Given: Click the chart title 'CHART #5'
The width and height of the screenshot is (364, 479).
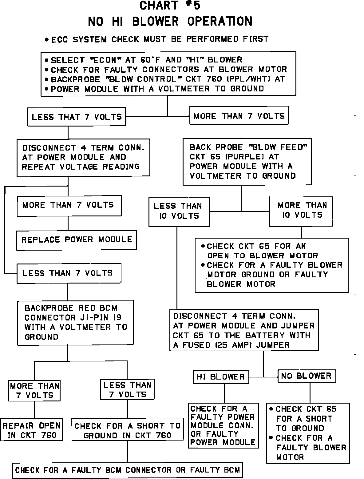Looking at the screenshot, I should pos(170,6).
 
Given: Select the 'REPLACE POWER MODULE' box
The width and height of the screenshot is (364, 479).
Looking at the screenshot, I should pos(76,240).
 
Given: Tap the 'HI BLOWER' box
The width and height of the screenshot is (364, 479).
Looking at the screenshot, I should pos(221,377).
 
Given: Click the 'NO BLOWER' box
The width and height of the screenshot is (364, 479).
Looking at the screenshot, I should pos(307,376).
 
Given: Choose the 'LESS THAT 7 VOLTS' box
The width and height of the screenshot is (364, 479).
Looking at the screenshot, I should pos(77,117).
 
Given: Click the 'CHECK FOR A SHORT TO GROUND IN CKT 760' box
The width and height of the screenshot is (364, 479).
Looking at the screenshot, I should pos(127,431).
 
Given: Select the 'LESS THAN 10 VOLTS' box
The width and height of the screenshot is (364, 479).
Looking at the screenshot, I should pos(178,211).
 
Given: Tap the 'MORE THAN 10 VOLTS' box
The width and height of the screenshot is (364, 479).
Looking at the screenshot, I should pos(301,210).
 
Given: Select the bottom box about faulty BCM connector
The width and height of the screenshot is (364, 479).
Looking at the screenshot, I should pos(127,470).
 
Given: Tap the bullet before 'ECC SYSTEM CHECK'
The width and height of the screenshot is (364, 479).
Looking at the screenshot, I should pos(46,40).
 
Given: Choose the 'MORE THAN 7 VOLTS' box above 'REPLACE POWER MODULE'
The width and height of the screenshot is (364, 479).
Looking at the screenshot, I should pos(69,205).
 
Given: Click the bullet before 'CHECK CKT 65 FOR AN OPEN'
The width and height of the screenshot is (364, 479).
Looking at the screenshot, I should pos(203,246).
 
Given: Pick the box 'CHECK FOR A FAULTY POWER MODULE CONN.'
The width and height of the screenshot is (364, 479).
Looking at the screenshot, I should pos(223,425).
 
